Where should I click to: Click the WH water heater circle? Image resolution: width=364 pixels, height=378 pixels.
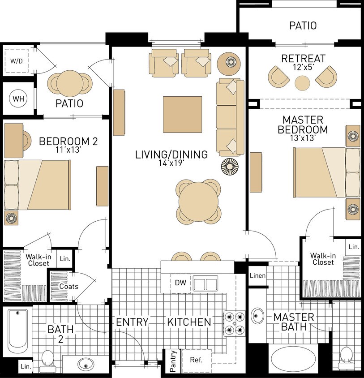click(x=18, y=99)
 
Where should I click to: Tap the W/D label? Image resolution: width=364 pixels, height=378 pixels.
click(x=17, y=61)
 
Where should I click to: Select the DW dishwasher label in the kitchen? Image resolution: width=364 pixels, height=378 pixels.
click(x=180, y=283)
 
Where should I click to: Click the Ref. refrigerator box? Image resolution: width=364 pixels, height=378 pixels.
click(x=196, y=360)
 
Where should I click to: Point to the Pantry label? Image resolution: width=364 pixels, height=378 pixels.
click(x=173, y=361)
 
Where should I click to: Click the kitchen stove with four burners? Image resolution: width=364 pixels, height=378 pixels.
click(x=235, y=323)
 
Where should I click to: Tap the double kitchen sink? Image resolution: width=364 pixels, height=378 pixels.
click(x=205, y=283)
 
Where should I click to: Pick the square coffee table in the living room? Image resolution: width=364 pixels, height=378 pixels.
click(x=183, y=115)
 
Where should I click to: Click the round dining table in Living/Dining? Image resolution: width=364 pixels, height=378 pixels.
click(x=198, y=202)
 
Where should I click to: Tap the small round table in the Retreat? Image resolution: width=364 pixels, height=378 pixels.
click(x=302, y=83)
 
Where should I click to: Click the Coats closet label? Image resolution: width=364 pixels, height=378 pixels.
click(x=69, y=286)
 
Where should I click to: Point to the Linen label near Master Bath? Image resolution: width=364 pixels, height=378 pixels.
click(x=258, y=275)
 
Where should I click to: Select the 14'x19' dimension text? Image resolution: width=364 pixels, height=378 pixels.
click(x=171, y=163)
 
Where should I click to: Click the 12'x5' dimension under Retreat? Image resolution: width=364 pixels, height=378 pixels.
click(x=303, y=67)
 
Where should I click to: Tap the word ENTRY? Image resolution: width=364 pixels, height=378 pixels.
click(x=132, y=322)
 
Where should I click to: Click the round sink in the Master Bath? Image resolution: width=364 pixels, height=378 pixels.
click(x=257, y=316)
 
